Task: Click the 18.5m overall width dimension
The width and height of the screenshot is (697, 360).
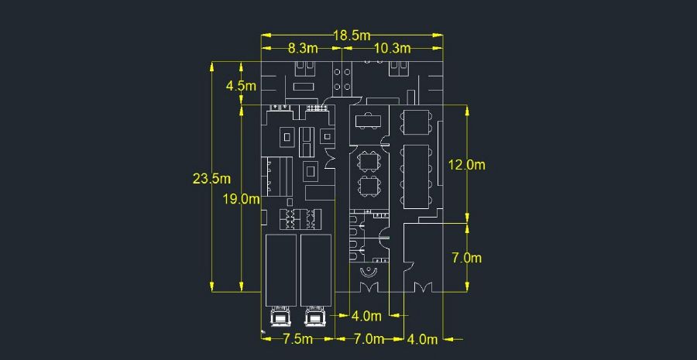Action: click(x=352, y=35)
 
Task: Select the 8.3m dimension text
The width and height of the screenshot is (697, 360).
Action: click(x=303, y=48)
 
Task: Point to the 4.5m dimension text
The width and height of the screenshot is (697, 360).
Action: click(x=242, y=86)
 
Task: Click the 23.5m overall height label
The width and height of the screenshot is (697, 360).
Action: click(x=211, y=179)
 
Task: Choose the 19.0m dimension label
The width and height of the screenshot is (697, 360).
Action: click(x=242, y=199)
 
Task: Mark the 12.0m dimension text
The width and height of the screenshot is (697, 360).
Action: click(x=467, y=165)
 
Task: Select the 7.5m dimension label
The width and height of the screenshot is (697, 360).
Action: click(x=298, y=339)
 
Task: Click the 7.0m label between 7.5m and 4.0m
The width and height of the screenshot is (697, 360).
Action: click(x=369, y=339)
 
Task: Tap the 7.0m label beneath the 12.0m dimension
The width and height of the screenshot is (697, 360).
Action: click(x=467, y=258)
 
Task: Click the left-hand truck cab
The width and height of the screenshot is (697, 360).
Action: click(x=280, y=317)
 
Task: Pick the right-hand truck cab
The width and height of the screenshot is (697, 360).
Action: click(x=315, y=317)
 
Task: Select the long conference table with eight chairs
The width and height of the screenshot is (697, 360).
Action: click(x=417, y=177)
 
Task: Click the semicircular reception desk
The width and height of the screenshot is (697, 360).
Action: click(x=369, y=271)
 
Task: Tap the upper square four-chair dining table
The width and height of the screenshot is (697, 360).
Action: click(x=369, y=161)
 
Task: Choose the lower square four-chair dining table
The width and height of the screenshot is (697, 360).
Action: click(x=369, y=187)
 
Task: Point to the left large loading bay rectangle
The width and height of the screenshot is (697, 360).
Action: click(x=281, y=270)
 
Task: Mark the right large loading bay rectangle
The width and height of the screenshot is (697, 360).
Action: click(x=316, y=270)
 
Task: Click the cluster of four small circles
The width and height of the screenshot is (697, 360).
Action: click(x=342, y=79)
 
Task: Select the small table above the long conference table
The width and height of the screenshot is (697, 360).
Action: click(x=417, y=121)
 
